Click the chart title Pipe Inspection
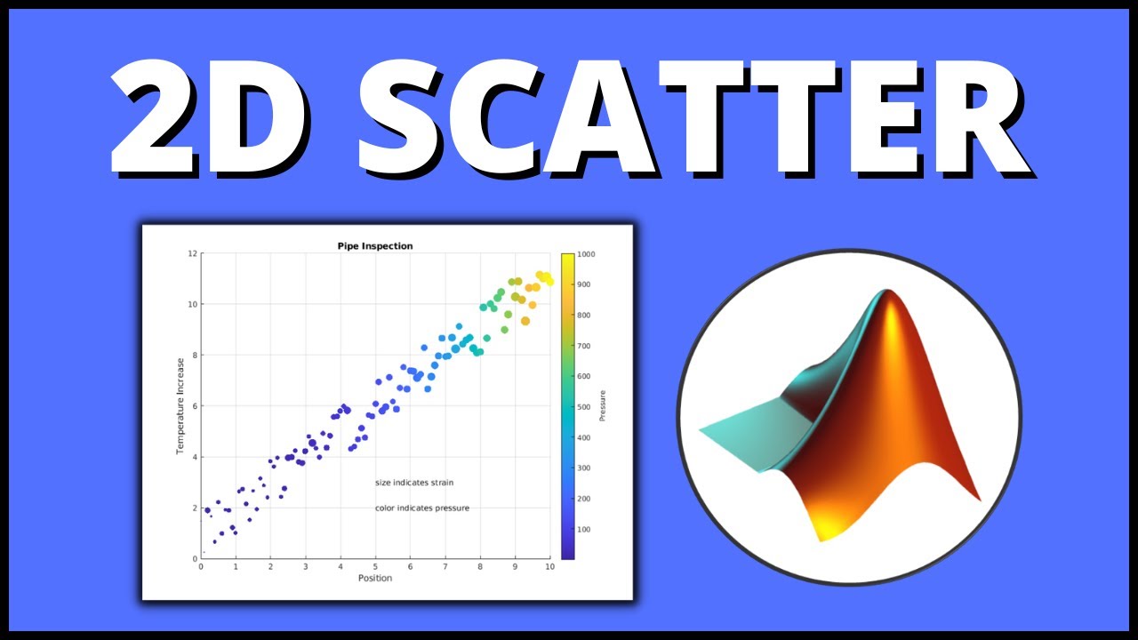point(374,246)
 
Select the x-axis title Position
point(374,579)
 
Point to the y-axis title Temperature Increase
point(180,405)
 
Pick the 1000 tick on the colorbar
point(586,254)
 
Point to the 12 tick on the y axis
point(192,254)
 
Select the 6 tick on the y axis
point(194,407)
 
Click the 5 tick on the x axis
point(375,567)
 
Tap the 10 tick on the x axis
point(549,567)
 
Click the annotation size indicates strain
point(413,483)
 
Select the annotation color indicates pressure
point(421,508)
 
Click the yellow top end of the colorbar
point(567,259)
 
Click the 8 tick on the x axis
point(480,567)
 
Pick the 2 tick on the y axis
point(194,508)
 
